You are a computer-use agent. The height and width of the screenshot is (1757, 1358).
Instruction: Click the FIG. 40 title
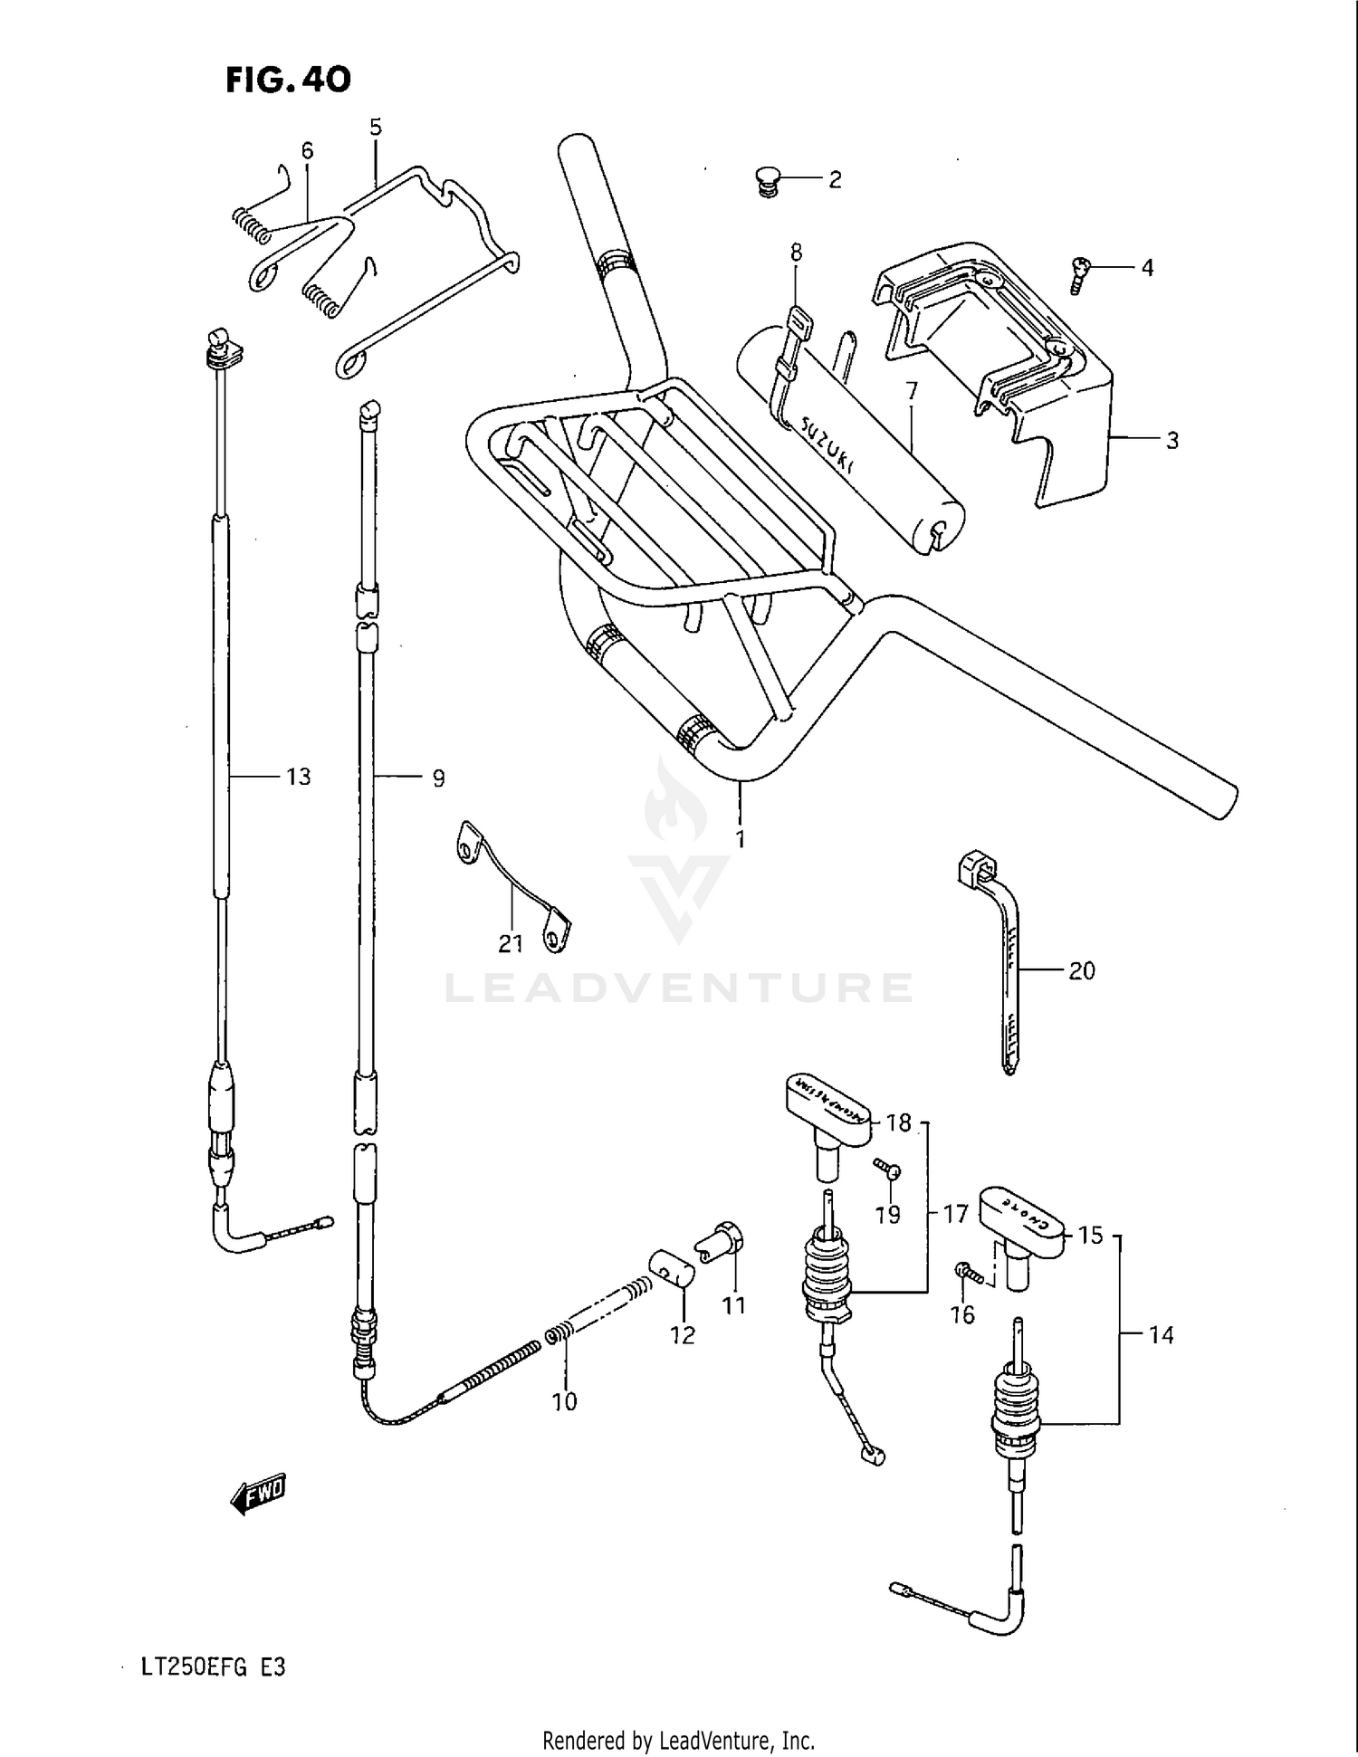click(287, 80)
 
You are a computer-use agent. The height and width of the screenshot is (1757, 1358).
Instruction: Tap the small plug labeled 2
click(769, 180)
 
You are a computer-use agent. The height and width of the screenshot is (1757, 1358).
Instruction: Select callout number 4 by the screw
click(1147, 268)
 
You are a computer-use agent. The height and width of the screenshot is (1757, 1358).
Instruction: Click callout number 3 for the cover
click(1172, 441)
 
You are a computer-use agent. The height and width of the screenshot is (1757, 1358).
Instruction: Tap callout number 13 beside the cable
click(298, 777)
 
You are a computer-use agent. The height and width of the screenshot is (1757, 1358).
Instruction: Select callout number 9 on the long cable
click(438, 778)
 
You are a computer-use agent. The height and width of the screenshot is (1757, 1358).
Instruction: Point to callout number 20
click(1082, 970)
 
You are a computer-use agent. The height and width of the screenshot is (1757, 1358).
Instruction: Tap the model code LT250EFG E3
click(213, 1666)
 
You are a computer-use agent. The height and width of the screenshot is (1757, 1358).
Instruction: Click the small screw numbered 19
click(887, 1170)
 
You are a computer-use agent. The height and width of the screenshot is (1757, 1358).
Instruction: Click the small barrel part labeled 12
click(671, 1271)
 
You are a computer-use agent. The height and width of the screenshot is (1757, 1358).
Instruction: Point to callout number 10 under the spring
click(564, 1401)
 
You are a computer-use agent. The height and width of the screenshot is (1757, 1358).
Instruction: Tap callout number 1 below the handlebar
click(740, 839)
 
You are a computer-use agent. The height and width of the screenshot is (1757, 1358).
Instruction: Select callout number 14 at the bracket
click(1161, 1335)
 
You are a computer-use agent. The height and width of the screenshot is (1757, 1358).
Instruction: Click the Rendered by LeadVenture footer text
click(678, 1740)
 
